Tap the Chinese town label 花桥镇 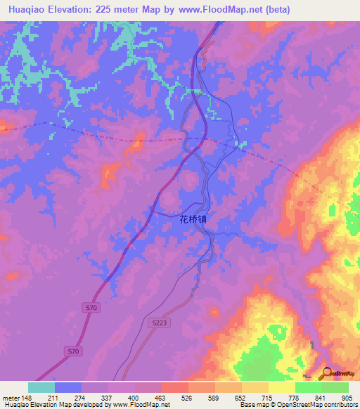click(x=193, y=219)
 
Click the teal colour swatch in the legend click(x=41, y=387)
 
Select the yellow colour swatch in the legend click(x=281, y=387)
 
